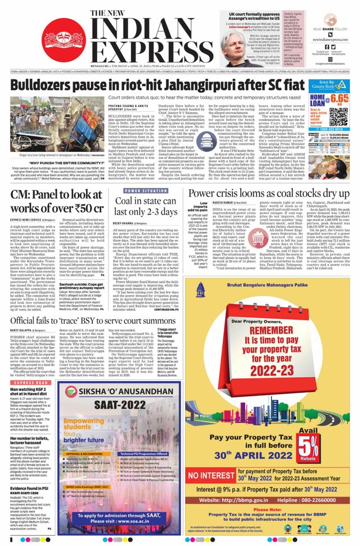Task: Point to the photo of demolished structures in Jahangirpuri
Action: click(x=51, y=122)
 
